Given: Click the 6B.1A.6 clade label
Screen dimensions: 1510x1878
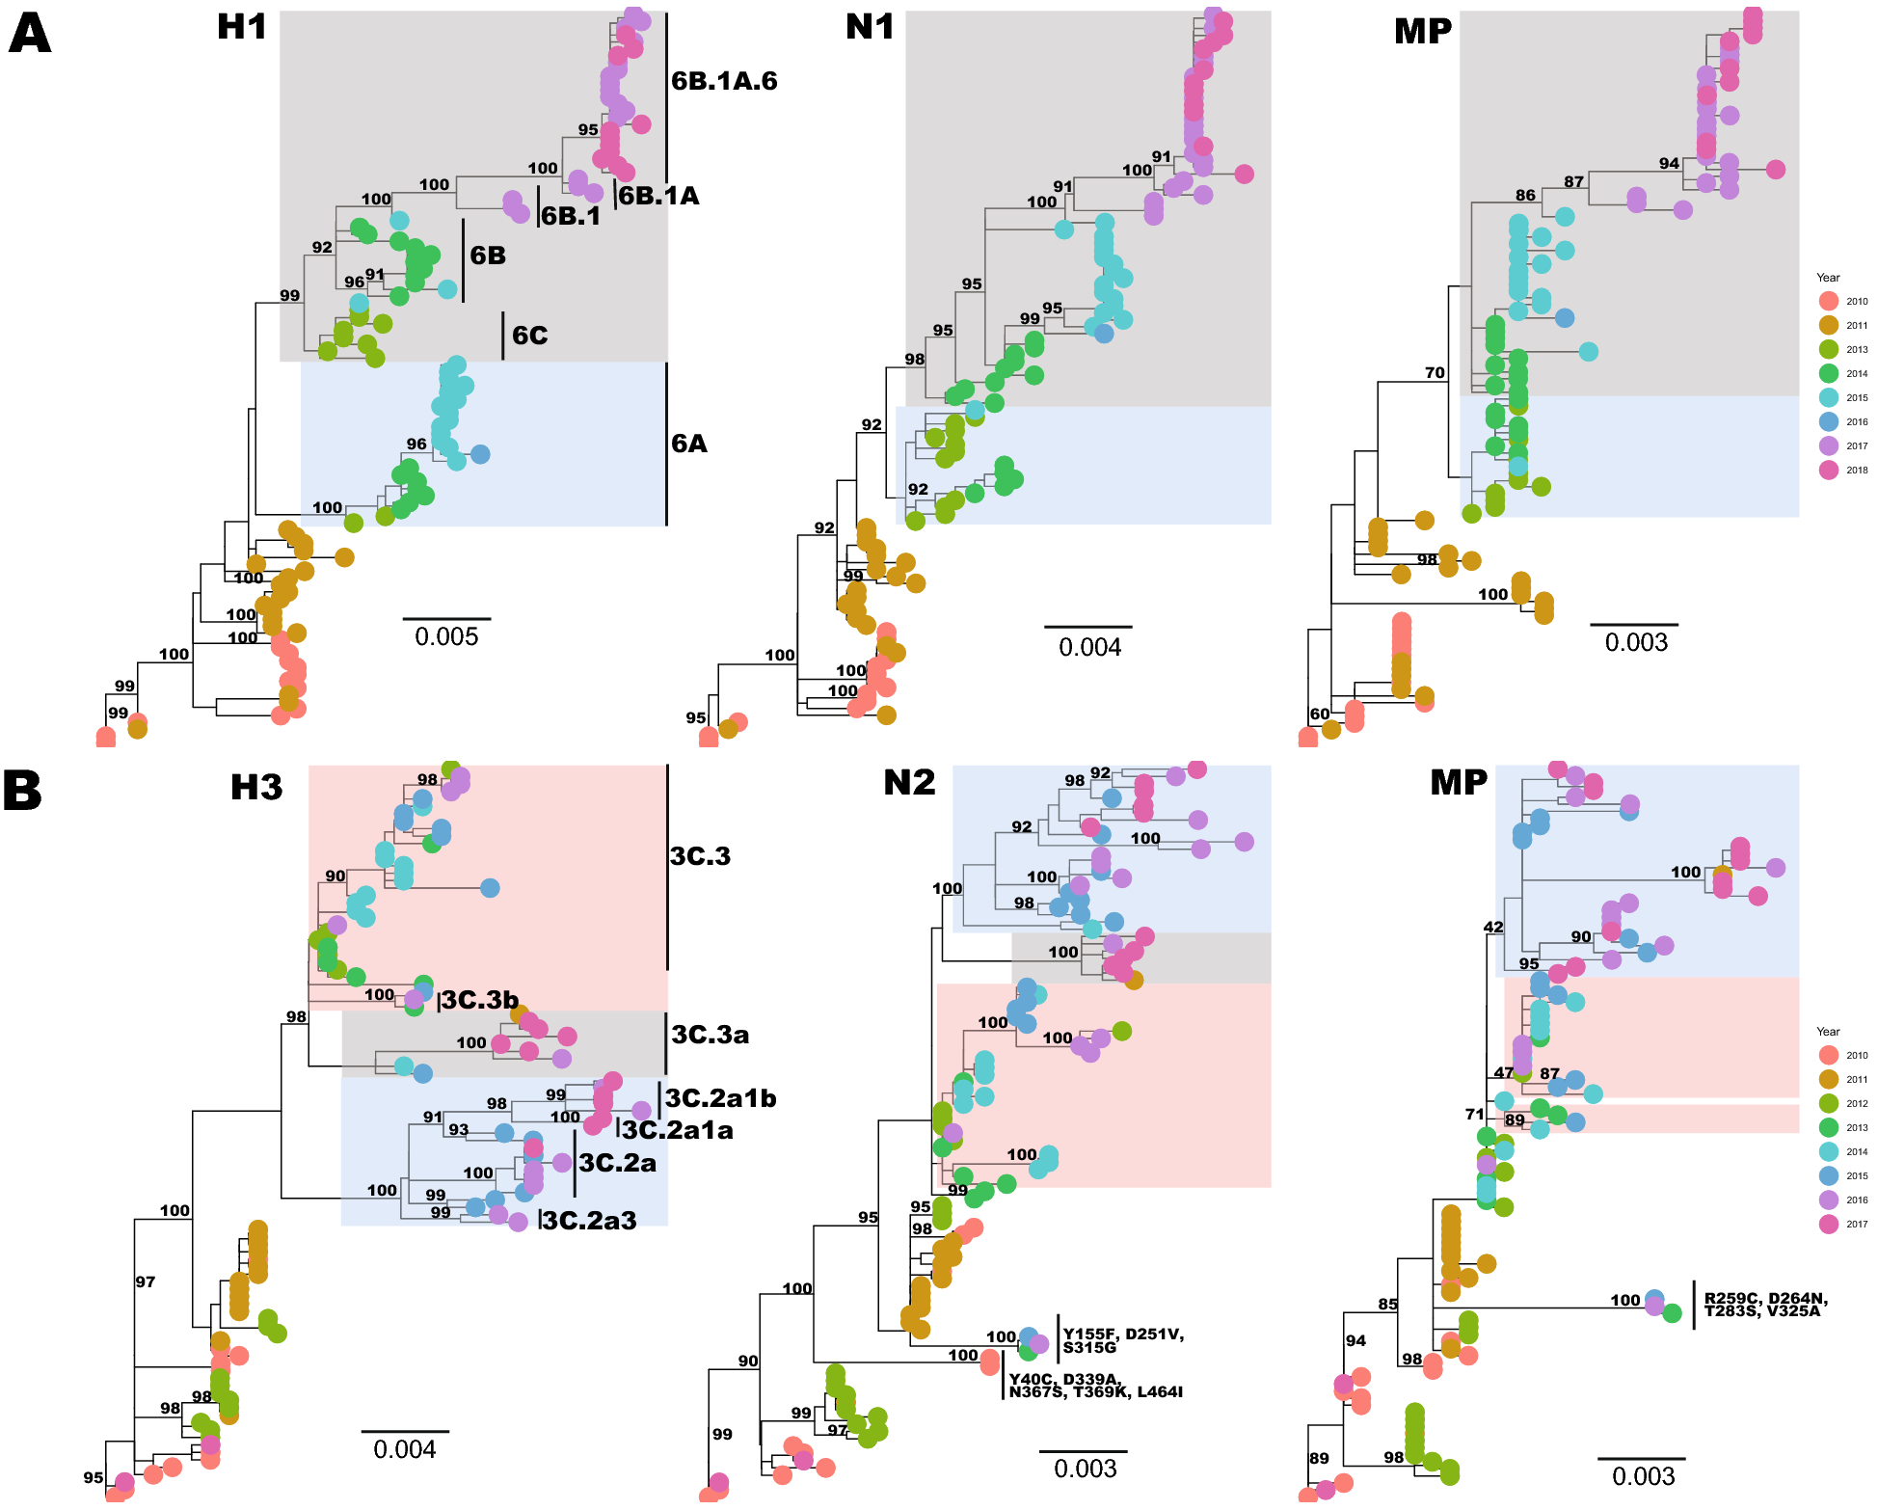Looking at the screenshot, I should click(x=724, y=81).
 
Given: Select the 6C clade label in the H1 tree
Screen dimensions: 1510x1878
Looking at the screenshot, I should click(x=529, y=336).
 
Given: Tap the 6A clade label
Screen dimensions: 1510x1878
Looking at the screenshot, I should click(x=689, y=444).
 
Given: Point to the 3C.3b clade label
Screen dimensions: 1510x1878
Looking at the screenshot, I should click(x=480, y=1000).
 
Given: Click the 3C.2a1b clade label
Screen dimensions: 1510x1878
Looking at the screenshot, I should click(x=720, y=1098).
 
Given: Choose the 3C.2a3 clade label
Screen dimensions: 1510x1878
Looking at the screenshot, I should click(x=589, y=1221).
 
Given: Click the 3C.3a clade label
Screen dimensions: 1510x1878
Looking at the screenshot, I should click(x=710, y=1035).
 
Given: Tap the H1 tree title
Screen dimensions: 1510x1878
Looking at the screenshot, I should click(x=241, y=27).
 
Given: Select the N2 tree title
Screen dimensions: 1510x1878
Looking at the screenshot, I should click(x=909, y=782).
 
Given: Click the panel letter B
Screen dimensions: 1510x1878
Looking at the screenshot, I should click(x=22, y=791).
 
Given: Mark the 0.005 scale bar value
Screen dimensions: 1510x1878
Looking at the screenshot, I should click(x=446, y=637).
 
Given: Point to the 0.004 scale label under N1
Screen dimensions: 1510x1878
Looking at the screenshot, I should click(x=1089, y=647).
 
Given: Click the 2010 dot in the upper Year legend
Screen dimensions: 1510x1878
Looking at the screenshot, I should click(x=1828, y=301).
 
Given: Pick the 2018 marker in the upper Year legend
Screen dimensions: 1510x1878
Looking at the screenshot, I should click(x=1828, y=471).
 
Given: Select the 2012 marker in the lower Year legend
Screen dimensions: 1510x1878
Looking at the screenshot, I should click(x=1828, y=1103).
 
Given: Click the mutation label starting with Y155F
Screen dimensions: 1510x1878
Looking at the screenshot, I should click(x=1123, y=1340).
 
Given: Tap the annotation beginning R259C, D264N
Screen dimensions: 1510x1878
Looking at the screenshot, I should click(x=1765, y=1305).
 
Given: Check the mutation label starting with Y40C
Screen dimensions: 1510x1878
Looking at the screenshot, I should click(x=1095, y=1386).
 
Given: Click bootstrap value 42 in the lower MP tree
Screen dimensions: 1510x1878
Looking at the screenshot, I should click(x=1492, y=928).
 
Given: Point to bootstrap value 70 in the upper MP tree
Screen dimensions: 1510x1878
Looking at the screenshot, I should click(x=1435, y=372).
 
